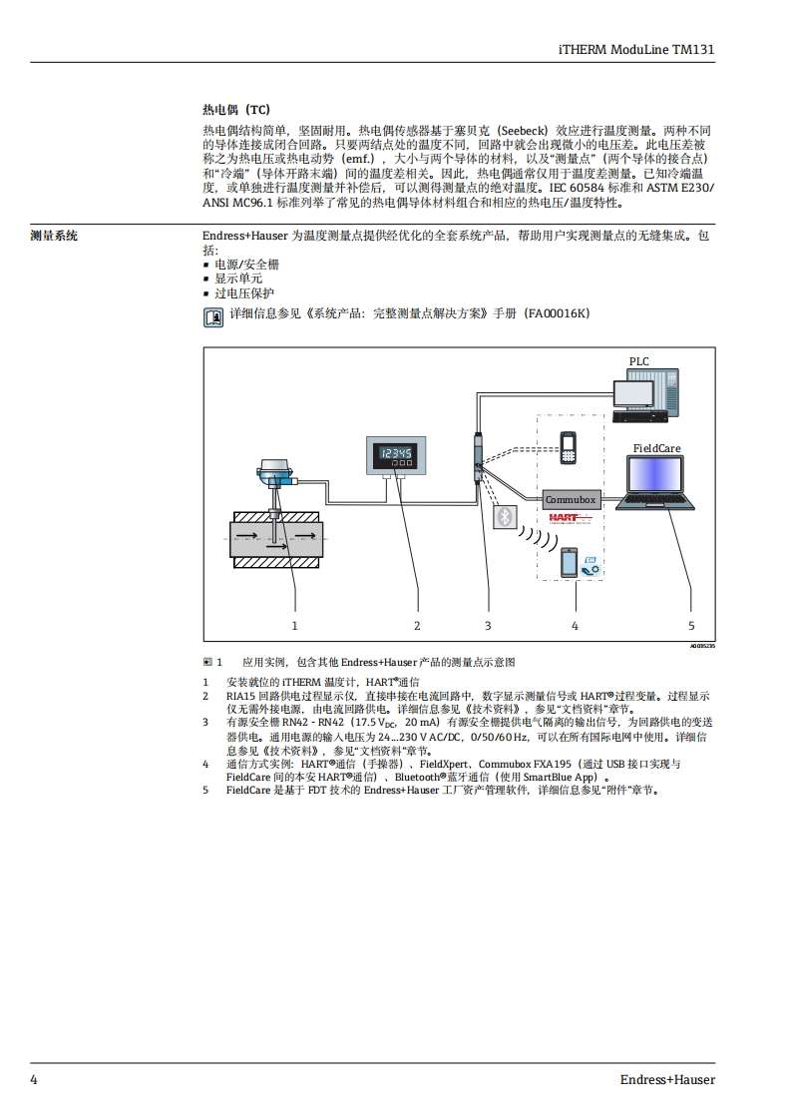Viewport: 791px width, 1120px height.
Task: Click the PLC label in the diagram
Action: (638, 361)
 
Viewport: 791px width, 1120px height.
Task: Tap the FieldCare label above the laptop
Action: (656, 449)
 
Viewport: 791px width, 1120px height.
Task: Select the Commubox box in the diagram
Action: (571, 499)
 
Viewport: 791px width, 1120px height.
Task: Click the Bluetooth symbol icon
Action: (507, 516)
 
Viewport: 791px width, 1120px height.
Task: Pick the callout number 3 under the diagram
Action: (488, 625)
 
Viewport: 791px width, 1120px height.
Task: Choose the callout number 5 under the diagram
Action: (691, 625)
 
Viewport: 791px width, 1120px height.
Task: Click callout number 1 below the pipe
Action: (295, 625)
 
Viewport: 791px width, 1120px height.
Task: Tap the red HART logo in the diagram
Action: (570, 518)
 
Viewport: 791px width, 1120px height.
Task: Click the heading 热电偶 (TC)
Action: (236, 110)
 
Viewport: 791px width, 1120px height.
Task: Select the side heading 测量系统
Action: (54, 237)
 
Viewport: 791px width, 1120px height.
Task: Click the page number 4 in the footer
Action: (34, 1079)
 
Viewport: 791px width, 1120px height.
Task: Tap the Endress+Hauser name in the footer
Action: (667, 1079)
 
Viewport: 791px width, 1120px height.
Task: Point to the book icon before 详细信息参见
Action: (212, 317)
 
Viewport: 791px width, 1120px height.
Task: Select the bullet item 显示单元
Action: (238, 279)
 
